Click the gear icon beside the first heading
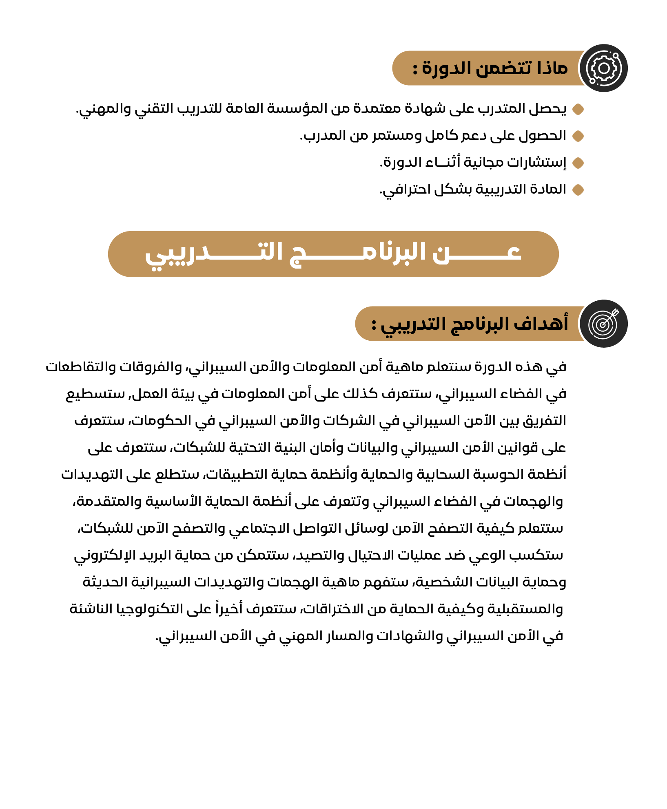[x=603, y=68]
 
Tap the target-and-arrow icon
[x=603, y=324]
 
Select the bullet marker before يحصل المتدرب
[x=578, y=109]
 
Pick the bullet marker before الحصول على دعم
[x=578, y=136]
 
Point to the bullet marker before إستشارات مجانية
[x=578, y=163]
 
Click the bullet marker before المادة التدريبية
[x=578, y=190]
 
